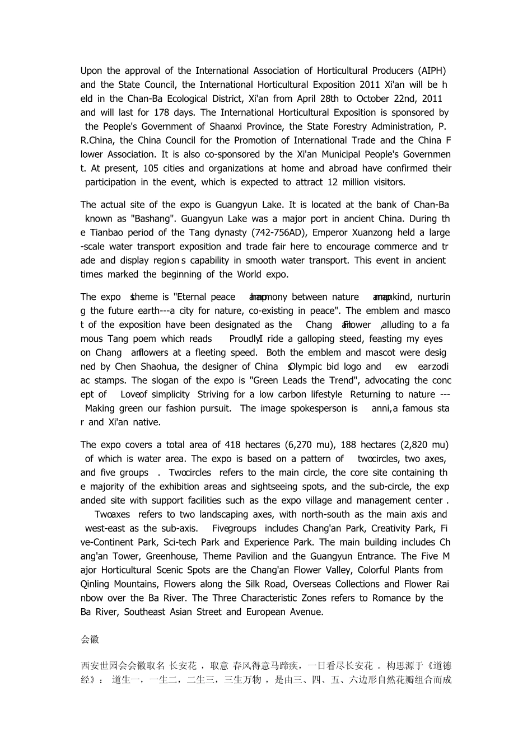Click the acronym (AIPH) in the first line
tap(432, 71)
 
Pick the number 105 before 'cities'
tap(151, 168)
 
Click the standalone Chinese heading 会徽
tap(90, 640)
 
